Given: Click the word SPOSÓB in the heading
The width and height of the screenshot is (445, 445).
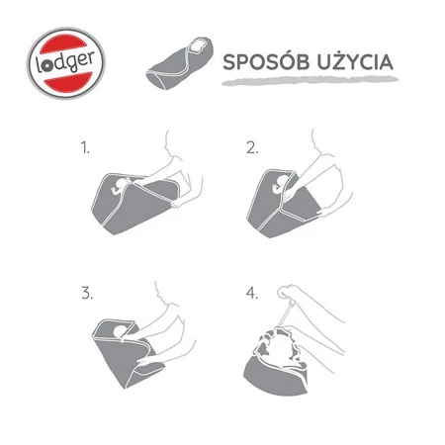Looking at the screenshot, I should [x=258, y=61].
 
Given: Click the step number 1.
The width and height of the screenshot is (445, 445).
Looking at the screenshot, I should [x=86, y=149].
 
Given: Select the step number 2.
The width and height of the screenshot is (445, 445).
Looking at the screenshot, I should [x=252, y=149].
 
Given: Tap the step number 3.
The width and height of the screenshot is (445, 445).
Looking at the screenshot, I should [x=86, y=294].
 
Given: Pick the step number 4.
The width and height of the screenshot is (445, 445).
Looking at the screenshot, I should [x=252, y=294].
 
